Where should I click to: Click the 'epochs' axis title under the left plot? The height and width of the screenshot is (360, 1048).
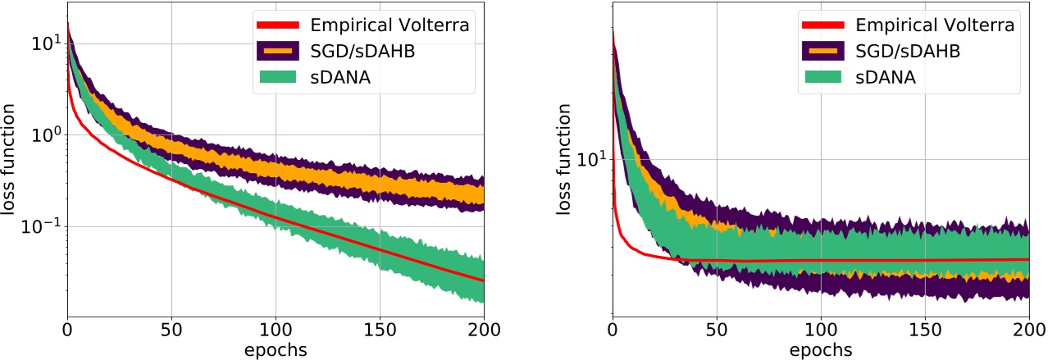pos(276,350)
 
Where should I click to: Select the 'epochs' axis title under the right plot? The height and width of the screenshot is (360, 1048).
pos(821,350)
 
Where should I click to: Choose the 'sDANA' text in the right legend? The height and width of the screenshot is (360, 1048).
pos(886,78)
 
